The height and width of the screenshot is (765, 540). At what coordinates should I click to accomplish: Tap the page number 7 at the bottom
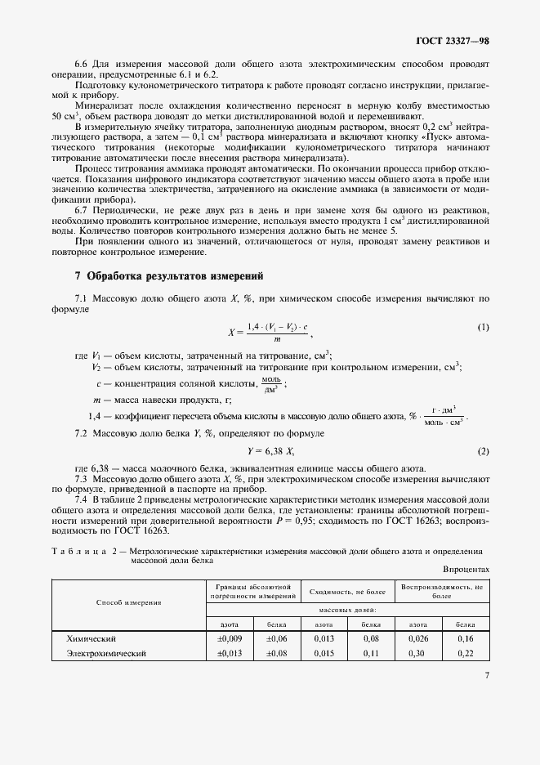tap(486, 676)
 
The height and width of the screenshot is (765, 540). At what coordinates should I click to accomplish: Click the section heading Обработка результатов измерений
tap(174, 275)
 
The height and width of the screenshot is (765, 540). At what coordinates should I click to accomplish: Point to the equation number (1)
tap(483, 328)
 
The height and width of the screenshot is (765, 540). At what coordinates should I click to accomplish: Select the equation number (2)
tap(483, 452)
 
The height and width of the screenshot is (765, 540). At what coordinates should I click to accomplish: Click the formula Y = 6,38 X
tap(270, 452)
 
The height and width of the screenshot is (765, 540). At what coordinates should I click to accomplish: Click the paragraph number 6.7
tap(84, 210)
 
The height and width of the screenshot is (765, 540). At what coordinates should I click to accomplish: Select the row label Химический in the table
tap(92, 637)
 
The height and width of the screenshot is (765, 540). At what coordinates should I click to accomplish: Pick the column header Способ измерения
tap(129, 602)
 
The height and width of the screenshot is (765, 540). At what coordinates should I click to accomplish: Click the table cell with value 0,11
tap(371, 654)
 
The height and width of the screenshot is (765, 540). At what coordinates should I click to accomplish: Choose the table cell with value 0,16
tap(465, 637)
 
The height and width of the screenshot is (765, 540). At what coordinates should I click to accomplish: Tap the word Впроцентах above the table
tap(466, 568)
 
